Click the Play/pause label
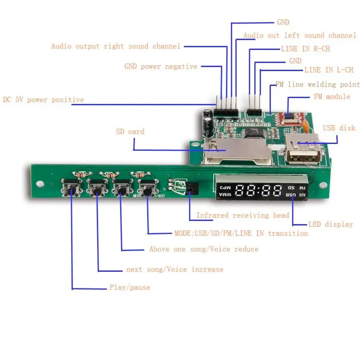130,287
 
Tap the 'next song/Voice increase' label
175,269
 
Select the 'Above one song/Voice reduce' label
204,249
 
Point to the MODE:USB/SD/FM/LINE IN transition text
241,233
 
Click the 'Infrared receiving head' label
243,216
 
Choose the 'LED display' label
330,224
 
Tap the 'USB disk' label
339,128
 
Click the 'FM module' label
332,97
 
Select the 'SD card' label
130,132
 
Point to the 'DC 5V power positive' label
43,99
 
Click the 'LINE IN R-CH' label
306,49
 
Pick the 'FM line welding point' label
317,85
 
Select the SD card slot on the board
237,151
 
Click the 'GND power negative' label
161,67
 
